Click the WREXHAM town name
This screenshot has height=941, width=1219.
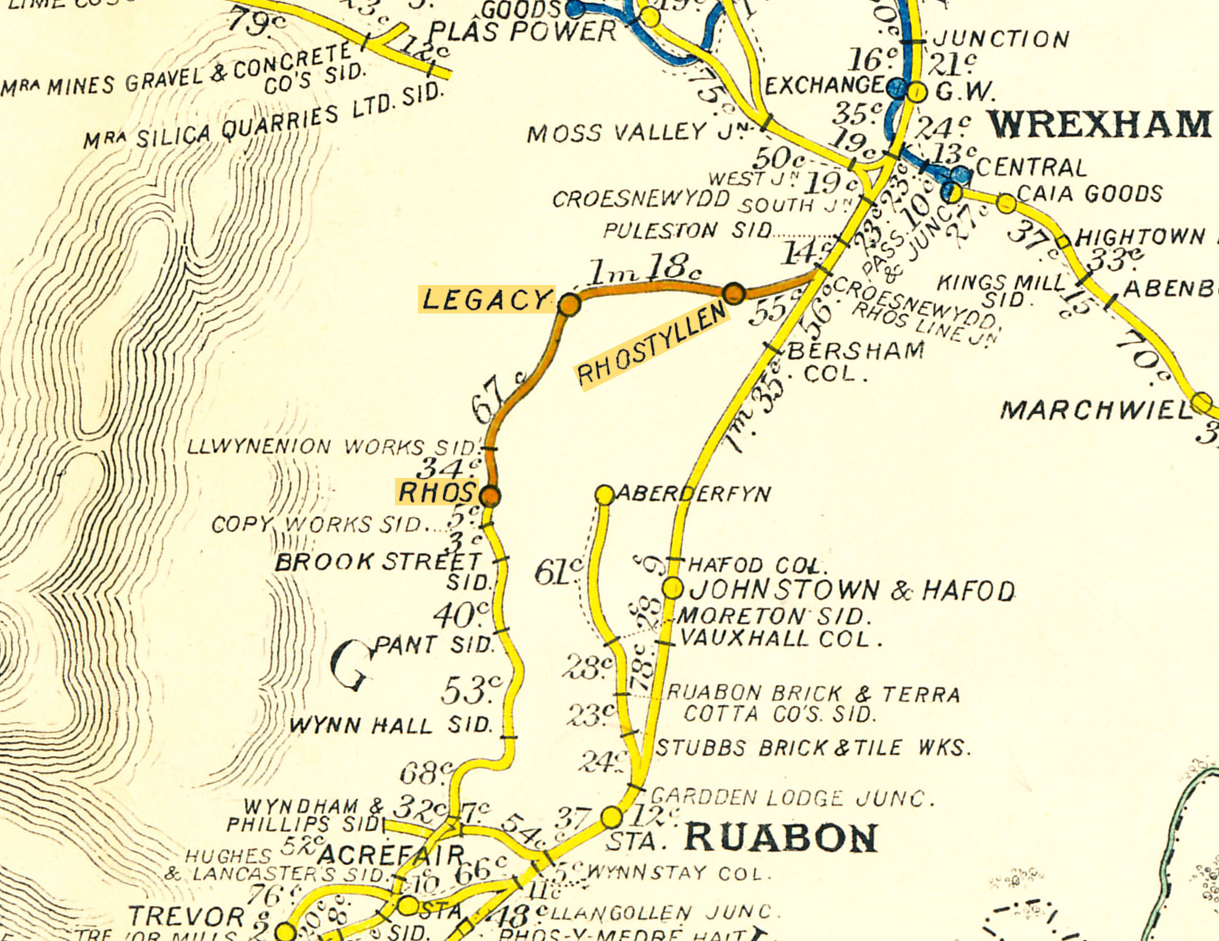tap(1099, 125)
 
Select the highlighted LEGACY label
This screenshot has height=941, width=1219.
tap(486, 299)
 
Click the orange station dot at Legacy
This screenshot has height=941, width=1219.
tap(569, 304)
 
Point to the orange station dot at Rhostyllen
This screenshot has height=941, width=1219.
tap(734, 293)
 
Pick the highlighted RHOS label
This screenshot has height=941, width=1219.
tap(436, 492)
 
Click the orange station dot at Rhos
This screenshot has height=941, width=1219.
tap(490, 496)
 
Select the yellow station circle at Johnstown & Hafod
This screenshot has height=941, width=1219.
tap(672, 588)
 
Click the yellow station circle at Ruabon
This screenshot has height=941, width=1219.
tap(612, 817)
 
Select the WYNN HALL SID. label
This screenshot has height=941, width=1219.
tap(390, 725)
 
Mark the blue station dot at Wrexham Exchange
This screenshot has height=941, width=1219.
tap(897, 89)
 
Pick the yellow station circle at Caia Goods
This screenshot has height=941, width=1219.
tap(1006, 203)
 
